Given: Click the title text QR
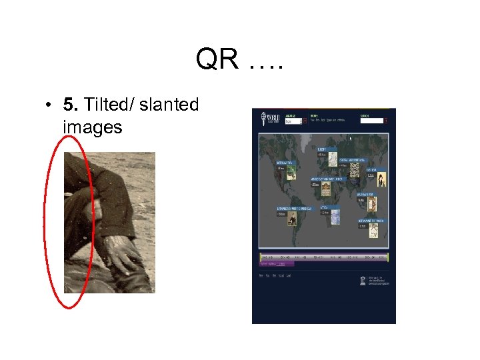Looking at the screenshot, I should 217,61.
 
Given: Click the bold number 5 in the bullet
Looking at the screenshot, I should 69,105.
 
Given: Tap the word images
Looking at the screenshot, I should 93,126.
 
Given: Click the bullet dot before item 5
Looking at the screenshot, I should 49,105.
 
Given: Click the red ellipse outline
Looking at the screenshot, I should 45,220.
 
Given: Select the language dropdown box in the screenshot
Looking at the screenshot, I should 293,121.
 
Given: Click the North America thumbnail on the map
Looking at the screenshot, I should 291,173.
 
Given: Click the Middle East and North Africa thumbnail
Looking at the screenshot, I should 325,189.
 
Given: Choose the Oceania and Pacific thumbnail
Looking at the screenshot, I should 373,231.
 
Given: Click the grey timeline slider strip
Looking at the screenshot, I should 324,257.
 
